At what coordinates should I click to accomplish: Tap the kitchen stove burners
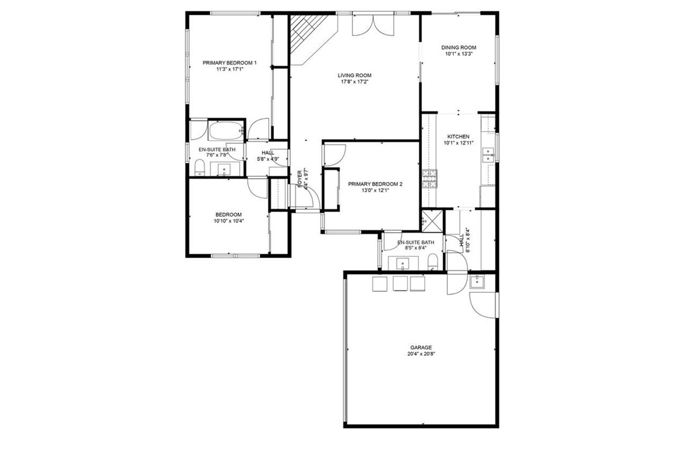430,179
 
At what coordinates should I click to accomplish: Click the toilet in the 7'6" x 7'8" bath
199,167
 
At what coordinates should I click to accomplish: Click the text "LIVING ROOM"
354,75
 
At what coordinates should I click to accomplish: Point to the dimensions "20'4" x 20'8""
421,354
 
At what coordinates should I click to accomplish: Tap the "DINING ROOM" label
459,47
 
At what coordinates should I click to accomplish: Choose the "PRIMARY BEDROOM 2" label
375,184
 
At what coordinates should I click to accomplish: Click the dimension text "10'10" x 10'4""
228,221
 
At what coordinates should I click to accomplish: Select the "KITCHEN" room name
459,137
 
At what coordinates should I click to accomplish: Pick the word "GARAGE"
421,347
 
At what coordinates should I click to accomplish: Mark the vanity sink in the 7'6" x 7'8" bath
224,169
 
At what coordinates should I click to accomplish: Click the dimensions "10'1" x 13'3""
459,54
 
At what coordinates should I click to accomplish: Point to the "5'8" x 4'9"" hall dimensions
268,159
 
